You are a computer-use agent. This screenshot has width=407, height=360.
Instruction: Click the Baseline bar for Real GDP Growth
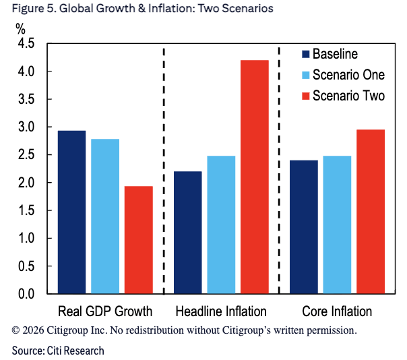pos(71,212)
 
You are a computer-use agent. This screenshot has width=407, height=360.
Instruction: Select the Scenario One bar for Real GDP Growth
pos(106,216)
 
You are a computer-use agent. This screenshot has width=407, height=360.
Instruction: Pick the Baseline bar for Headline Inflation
pos(188,233)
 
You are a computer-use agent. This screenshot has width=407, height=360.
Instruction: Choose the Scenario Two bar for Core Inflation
pos(370,212)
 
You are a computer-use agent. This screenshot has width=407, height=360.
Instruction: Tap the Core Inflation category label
pos(337,311)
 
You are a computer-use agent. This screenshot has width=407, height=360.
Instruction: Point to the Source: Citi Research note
pos(57,351)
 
